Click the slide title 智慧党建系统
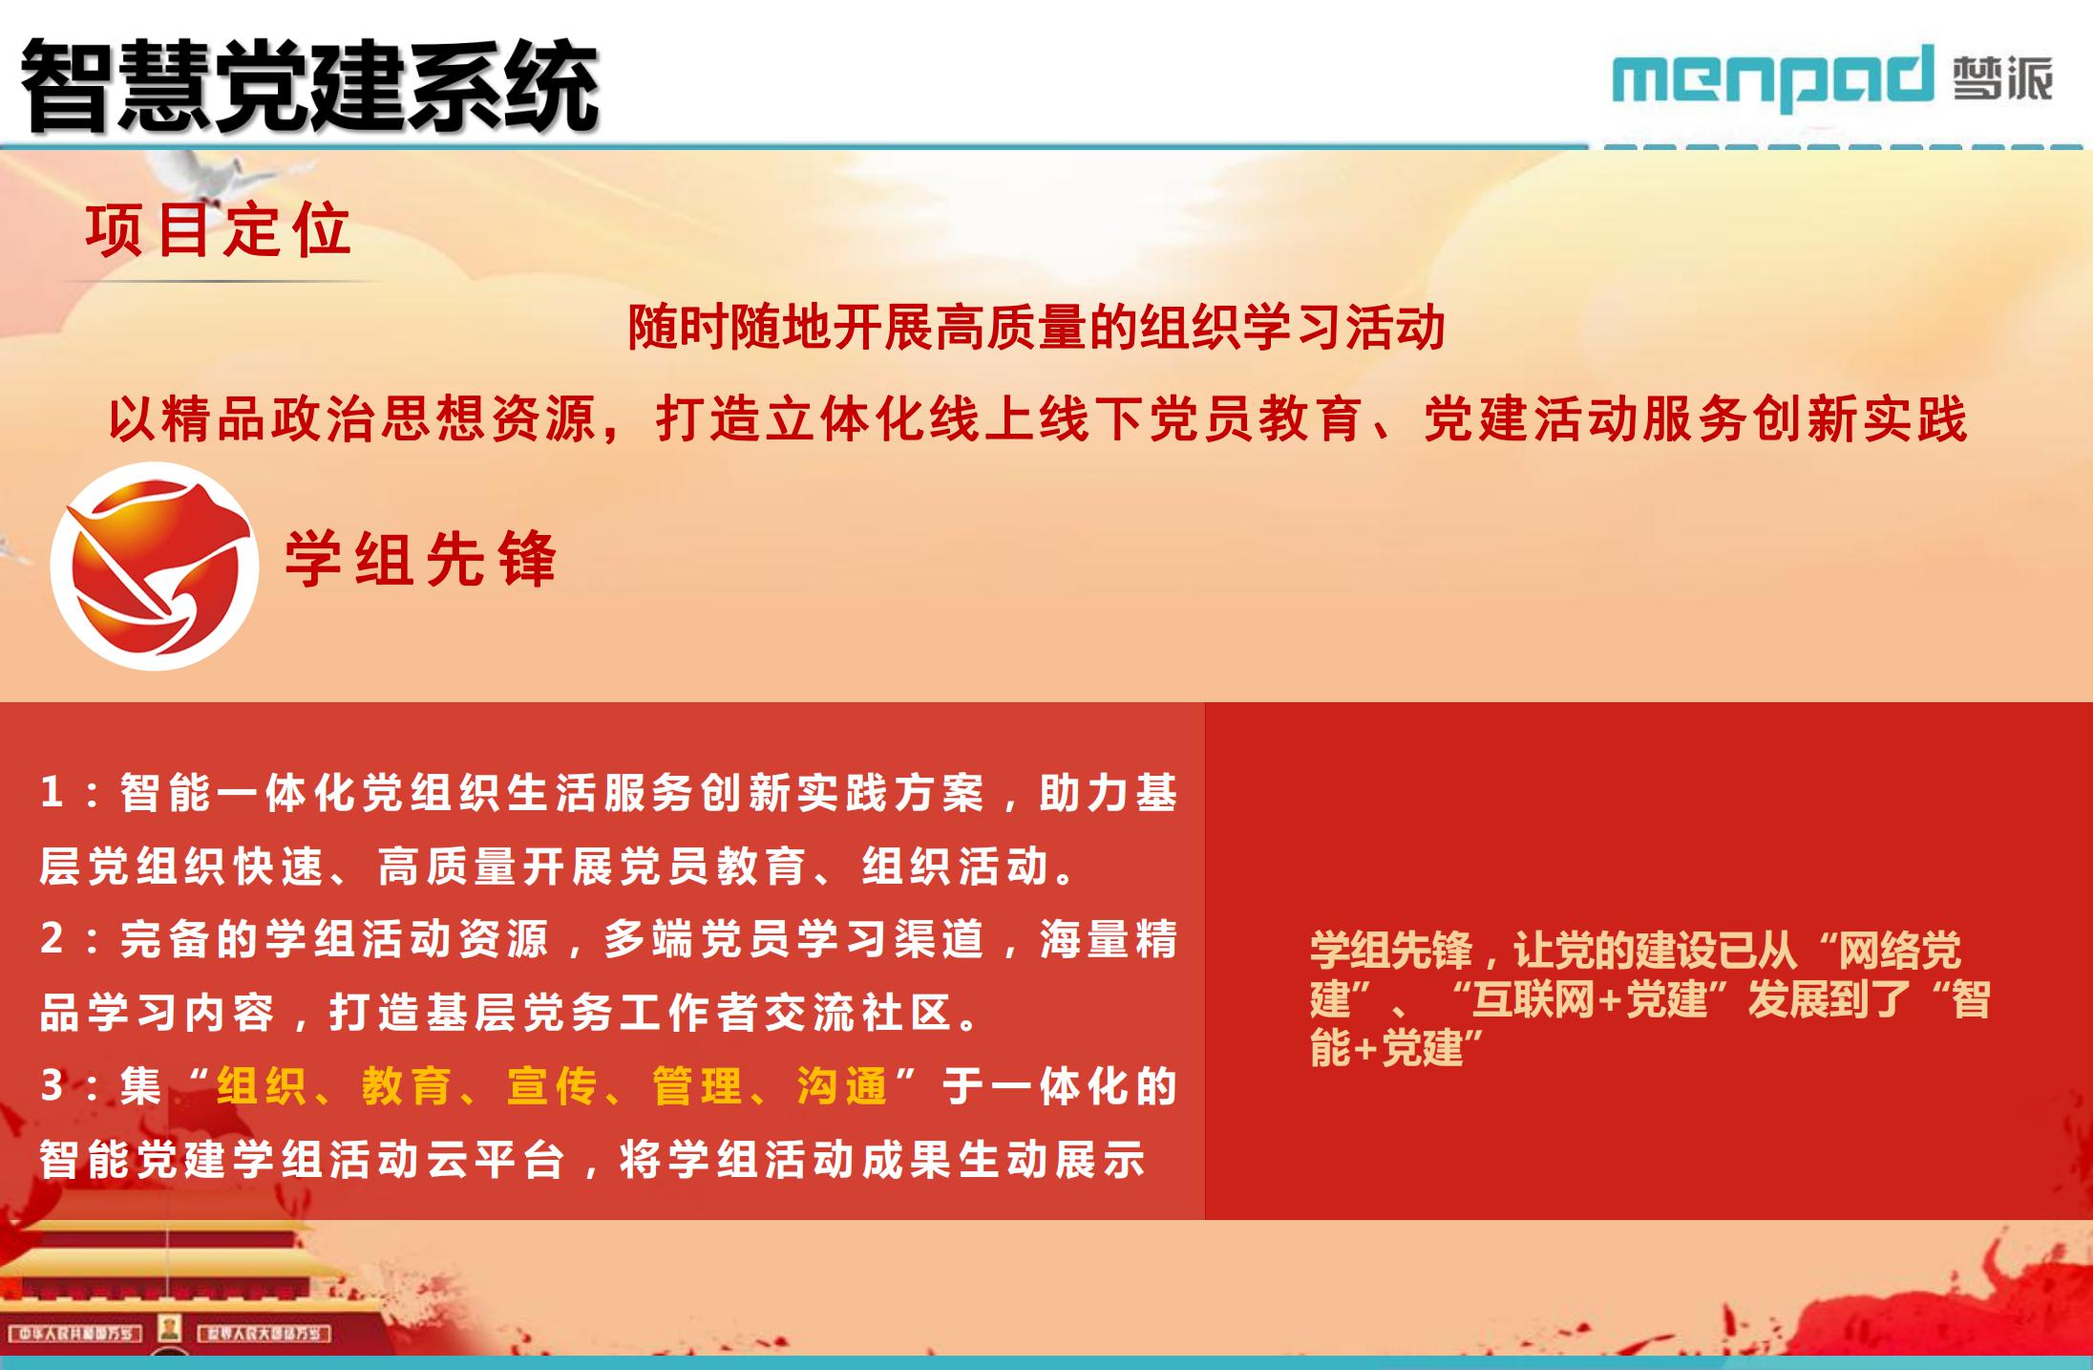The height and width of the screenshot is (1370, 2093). click(309, 86)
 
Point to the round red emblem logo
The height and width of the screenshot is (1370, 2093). click(155, 566)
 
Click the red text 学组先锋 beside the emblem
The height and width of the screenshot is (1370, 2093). click(421, 559)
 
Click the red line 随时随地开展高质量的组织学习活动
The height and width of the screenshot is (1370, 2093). click(1036, 328)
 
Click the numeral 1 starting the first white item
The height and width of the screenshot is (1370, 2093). click(52, 793)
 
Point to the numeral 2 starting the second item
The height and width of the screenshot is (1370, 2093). click(52, 939)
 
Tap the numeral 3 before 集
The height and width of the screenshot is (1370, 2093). click(52, 1086)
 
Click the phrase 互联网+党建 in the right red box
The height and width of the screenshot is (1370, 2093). click(1590, 999)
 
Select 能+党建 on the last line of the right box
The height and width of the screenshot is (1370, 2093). click(1387, 1048)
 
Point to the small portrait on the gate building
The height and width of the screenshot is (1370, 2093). click(170, 1328)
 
